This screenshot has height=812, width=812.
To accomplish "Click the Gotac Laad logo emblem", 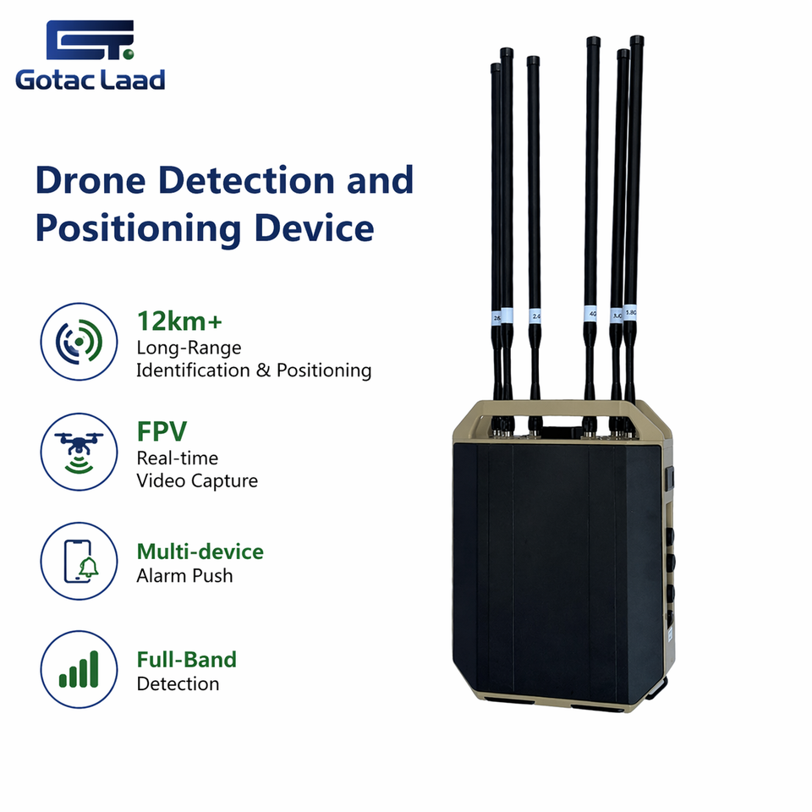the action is point(89,41).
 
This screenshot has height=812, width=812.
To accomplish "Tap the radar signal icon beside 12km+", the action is point(79,342).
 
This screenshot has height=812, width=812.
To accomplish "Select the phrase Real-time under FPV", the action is point(178,458).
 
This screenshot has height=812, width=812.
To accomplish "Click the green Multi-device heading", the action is point(200,552).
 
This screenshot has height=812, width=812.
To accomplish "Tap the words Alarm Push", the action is point(184,576).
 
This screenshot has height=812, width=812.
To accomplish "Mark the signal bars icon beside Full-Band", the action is point(79,668).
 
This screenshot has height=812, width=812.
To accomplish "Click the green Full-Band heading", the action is point(187,659).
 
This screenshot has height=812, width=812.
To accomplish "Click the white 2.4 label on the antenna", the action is point(535,316).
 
